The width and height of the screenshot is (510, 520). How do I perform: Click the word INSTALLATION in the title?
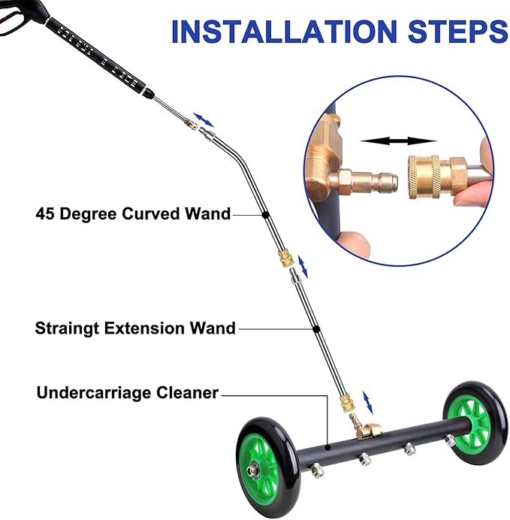[284, 32]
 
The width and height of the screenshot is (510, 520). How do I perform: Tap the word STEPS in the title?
[458, 32]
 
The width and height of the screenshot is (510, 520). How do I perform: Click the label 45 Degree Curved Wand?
[133, 214]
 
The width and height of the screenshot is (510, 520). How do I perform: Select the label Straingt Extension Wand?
[135, 328]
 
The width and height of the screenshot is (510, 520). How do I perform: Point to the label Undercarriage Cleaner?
[128, 393]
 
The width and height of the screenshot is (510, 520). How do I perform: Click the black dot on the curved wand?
[265, 215]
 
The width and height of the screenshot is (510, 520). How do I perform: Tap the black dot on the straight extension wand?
[316, 329]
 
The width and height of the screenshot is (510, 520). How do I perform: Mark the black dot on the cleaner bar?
[327, 448]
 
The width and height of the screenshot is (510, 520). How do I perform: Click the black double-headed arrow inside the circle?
[398, 141]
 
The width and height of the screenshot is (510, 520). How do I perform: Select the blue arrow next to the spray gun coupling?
[204, 120]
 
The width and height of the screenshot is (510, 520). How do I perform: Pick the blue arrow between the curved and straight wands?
[303, 267]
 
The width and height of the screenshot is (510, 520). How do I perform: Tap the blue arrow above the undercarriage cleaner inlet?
[368, 403]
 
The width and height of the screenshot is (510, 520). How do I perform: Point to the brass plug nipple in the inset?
[368, 182]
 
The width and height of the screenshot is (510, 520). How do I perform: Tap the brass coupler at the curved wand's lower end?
[285, 258]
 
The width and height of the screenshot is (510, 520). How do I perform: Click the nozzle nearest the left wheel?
[317, 470]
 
